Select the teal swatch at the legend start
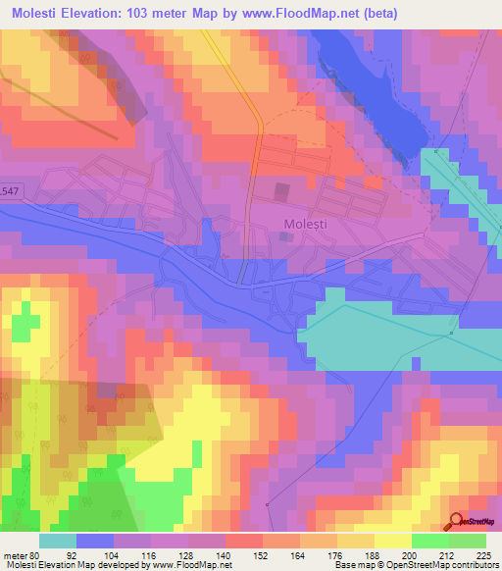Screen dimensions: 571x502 pos(58,542)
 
